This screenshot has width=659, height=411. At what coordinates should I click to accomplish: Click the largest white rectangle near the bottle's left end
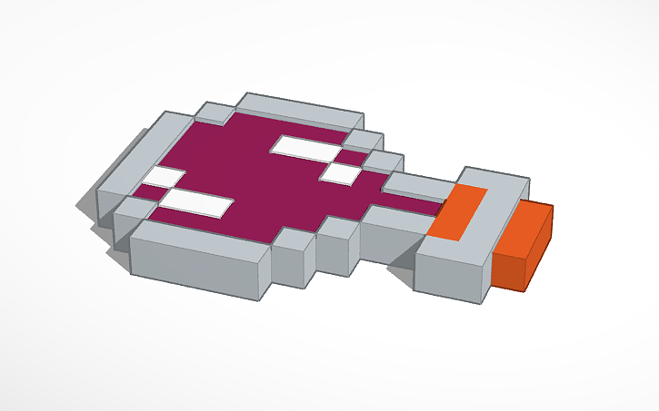[x=195, y=202]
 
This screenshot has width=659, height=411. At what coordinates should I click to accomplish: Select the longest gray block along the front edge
[x=200, y=263]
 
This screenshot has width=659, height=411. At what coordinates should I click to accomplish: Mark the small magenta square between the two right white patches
[x=354, y=158]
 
